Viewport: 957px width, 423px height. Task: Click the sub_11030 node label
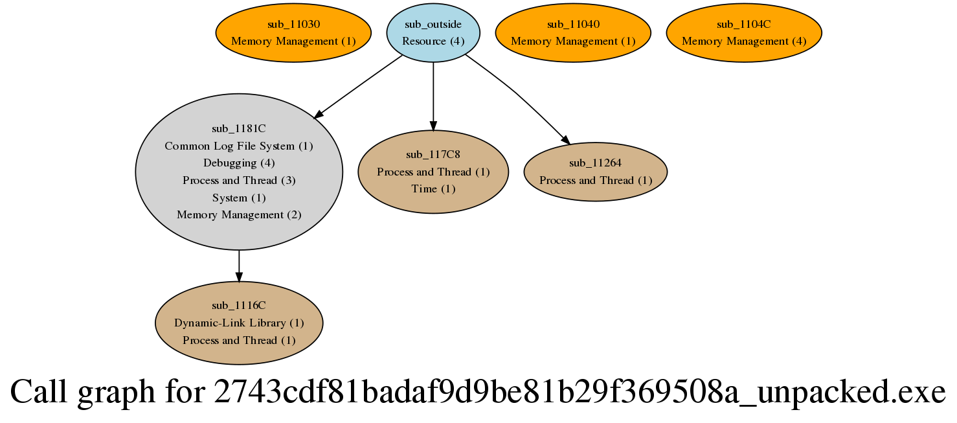[293, 24]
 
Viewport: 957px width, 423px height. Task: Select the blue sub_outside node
[433, 32]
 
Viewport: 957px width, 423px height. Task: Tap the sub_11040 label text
[573, 24]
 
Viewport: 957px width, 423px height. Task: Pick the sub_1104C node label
[744, 24]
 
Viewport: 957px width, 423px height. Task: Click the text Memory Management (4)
[744, 41]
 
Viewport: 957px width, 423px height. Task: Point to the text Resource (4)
[433, 41]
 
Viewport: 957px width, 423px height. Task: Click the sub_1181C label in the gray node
[239, 129]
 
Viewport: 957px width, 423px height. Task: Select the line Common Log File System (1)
[239, 146]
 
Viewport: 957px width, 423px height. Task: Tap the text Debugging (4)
[239, 163]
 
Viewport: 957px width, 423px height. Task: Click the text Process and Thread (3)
[239, 180]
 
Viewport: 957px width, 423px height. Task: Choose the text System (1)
[239, 198]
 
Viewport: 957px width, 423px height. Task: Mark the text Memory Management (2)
[239, 214]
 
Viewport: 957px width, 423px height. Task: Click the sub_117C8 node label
[433, 154]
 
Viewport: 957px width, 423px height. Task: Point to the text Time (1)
[433, 189]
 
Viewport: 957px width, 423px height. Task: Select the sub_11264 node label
[595, 163]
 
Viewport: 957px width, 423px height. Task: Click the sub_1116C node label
[239, 305]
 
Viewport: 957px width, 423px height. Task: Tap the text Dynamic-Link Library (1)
[239, 323]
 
